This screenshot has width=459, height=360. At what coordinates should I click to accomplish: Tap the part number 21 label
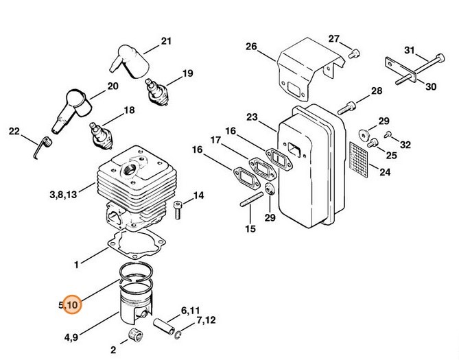point(165,41)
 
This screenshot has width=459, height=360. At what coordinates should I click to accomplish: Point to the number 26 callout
point(250,47)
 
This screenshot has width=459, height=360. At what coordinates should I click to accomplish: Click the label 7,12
point(206,320)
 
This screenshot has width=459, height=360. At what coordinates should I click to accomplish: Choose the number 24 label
point(384,172)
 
